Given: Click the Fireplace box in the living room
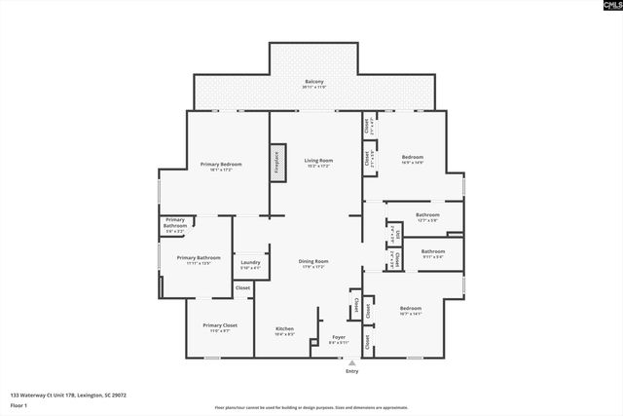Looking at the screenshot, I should tap(276, 162).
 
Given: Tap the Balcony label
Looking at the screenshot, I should tap(314, 82).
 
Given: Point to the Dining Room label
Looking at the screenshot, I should tap(313, 261).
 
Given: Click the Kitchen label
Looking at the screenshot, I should tap(284, 329).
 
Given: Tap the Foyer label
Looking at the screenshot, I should tap(339, 337).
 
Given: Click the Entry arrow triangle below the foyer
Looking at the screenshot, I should tap(351, 361).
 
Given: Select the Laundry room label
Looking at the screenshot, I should tap(250, 263).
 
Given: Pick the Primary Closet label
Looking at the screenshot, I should tap(220, 326).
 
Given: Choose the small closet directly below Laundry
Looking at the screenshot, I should tap(242, 288).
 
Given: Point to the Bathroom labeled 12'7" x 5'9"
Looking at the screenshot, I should tap(427, 215).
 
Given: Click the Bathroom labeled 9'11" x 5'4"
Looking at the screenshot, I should tap(432, 252).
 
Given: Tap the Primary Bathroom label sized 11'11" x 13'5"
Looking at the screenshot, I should tap(198, 259).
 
